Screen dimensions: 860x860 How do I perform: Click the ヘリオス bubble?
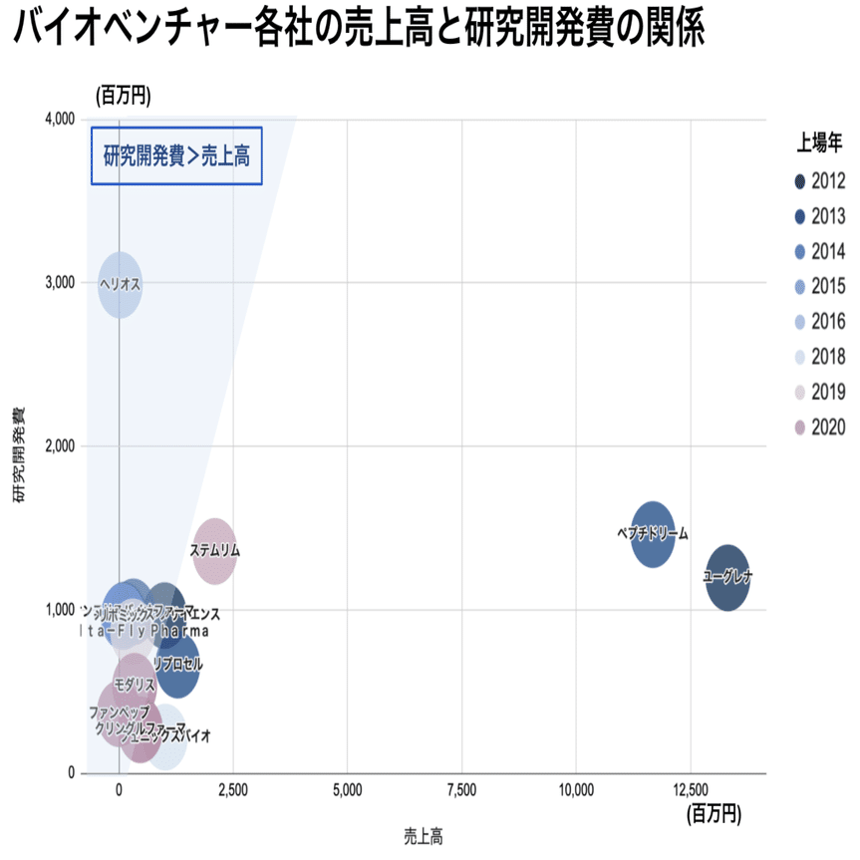120,284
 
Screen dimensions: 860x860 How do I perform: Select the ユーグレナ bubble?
727,577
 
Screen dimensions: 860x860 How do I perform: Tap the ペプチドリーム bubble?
653,534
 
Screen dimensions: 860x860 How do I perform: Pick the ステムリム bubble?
214,550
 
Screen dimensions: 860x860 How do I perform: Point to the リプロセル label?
177,664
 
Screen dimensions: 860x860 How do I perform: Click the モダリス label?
135,685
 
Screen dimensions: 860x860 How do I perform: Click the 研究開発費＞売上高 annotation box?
176,155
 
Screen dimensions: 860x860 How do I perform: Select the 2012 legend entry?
819,181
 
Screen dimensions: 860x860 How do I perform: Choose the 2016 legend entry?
819,321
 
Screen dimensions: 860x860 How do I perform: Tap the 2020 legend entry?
819,428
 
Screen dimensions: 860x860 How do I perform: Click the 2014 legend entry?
819,251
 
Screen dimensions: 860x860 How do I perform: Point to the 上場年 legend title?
821,143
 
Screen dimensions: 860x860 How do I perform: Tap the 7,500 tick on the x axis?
461,790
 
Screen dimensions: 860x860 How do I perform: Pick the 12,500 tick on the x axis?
690,790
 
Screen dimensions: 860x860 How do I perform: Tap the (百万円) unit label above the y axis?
123,96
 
